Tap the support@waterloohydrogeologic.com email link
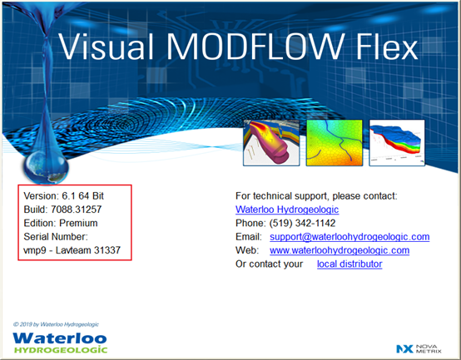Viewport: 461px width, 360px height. click(x=349, y=236)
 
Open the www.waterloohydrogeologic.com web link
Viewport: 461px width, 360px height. click(x=339, y=250)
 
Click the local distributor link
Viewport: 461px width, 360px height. click(x=349, y=264)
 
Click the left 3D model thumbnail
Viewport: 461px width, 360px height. click(x=270, y=140)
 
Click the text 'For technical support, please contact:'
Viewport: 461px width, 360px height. click(x=316, y=195)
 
